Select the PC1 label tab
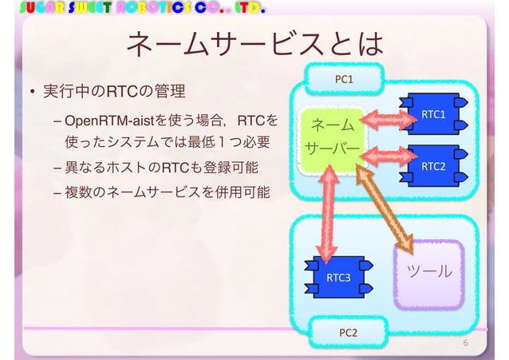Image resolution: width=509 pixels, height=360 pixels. (x=344, y=80)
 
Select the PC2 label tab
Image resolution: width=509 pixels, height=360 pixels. (x=348, y=330)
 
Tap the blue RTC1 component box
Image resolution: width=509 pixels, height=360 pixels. (x=432, y=114)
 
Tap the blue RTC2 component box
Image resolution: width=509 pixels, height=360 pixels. (x=432, y=165)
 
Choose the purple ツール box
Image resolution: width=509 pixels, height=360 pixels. (x=429, y=273)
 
